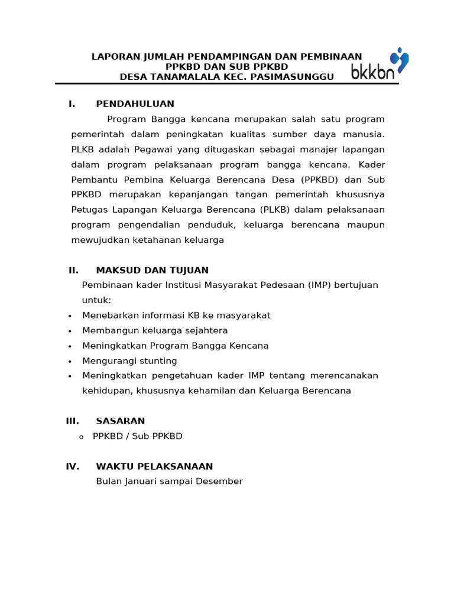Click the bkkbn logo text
[372, 73]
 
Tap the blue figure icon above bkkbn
[400, 59]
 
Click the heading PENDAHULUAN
[135, 104]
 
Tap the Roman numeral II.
[73, 271]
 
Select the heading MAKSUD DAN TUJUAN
[152, 271]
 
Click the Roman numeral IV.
[72, 467]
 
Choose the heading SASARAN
[120, 421]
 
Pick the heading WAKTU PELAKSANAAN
[154, 467]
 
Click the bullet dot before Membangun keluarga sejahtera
[70, 331]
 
